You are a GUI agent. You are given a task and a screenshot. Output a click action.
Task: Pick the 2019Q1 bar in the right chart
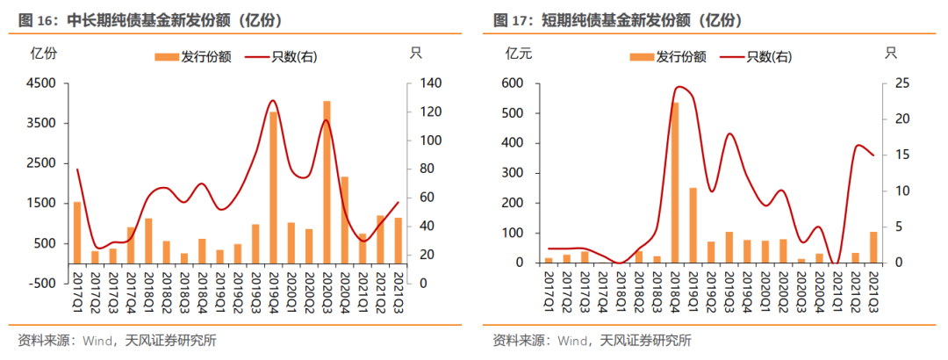tap(693, 225)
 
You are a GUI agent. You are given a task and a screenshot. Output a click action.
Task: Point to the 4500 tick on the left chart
tap(44, 83)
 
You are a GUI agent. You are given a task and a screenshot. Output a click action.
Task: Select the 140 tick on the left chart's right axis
tap(425, 83)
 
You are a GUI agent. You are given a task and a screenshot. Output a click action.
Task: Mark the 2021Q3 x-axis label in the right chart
tap(874, 291)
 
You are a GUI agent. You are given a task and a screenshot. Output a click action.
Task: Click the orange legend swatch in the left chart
tap(166, 57)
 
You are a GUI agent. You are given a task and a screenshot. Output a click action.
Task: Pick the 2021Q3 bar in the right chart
tap(873, 247)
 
